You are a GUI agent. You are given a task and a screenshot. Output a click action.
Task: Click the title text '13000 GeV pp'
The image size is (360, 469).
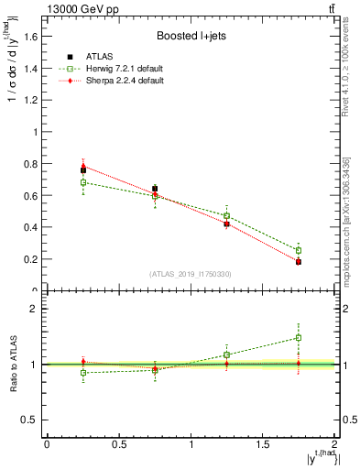82,10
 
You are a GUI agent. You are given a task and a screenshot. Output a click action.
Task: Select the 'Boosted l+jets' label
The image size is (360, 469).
191,37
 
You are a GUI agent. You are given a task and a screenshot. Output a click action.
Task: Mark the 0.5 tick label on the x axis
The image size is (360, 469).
118,444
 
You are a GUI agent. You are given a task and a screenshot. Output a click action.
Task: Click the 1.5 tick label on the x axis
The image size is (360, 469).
263,444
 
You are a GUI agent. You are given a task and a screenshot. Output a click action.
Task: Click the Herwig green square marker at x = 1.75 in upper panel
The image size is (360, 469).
299,250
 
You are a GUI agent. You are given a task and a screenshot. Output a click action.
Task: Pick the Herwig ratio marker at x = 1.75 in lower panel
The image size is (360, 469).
299,338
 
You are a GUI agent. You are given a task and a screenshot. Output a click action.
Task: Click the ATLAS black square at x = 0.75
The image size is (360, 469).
155,189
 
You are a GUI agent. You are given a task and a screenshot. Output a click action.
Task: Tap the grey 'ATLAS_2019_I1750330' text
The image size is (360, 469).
191,274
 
